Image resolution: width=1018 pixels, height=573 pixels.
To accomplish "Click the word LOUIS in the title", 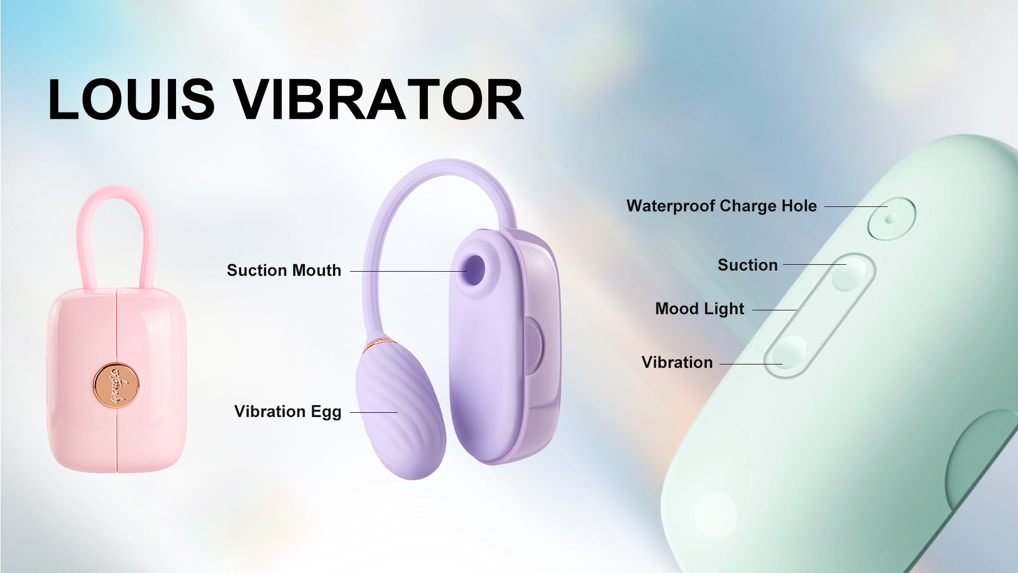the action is coord(131,99).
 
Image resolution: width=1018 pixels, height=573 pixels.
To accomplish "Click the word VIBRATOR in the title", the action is coord(379,99).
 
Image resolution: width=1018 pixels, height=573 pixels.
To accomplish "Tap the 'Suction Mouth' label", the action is coord(284,271).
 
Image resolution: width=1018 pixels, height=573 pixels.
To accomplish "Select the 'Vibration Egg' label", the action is coord(288,412).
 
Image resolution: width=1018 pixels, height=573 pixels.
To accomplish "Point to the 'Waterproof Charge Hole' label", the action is coord(722,206).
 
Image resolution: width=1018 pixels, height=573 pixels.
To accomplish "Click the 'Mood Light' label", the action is coord(700,309).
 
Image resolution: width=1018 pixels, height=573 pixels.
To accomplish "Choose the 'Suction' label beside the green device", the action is coord(748,265).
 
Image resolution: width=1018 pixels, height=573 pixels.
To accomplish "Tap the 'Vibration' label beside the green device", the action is coord(677,362).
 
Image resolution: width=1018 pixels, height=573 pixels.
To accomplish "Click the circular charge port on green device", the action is coord(892,219).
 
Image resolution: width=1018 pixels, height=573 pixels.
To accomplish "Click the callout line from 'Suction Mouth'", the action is coord(408,271).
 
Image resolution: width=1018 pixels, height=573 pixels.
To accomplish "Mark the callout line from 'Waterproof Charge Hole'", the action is coord(856,206).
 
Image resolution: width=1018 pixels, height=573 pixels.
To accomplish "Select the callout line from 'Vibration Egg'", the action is coord(374,412).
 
